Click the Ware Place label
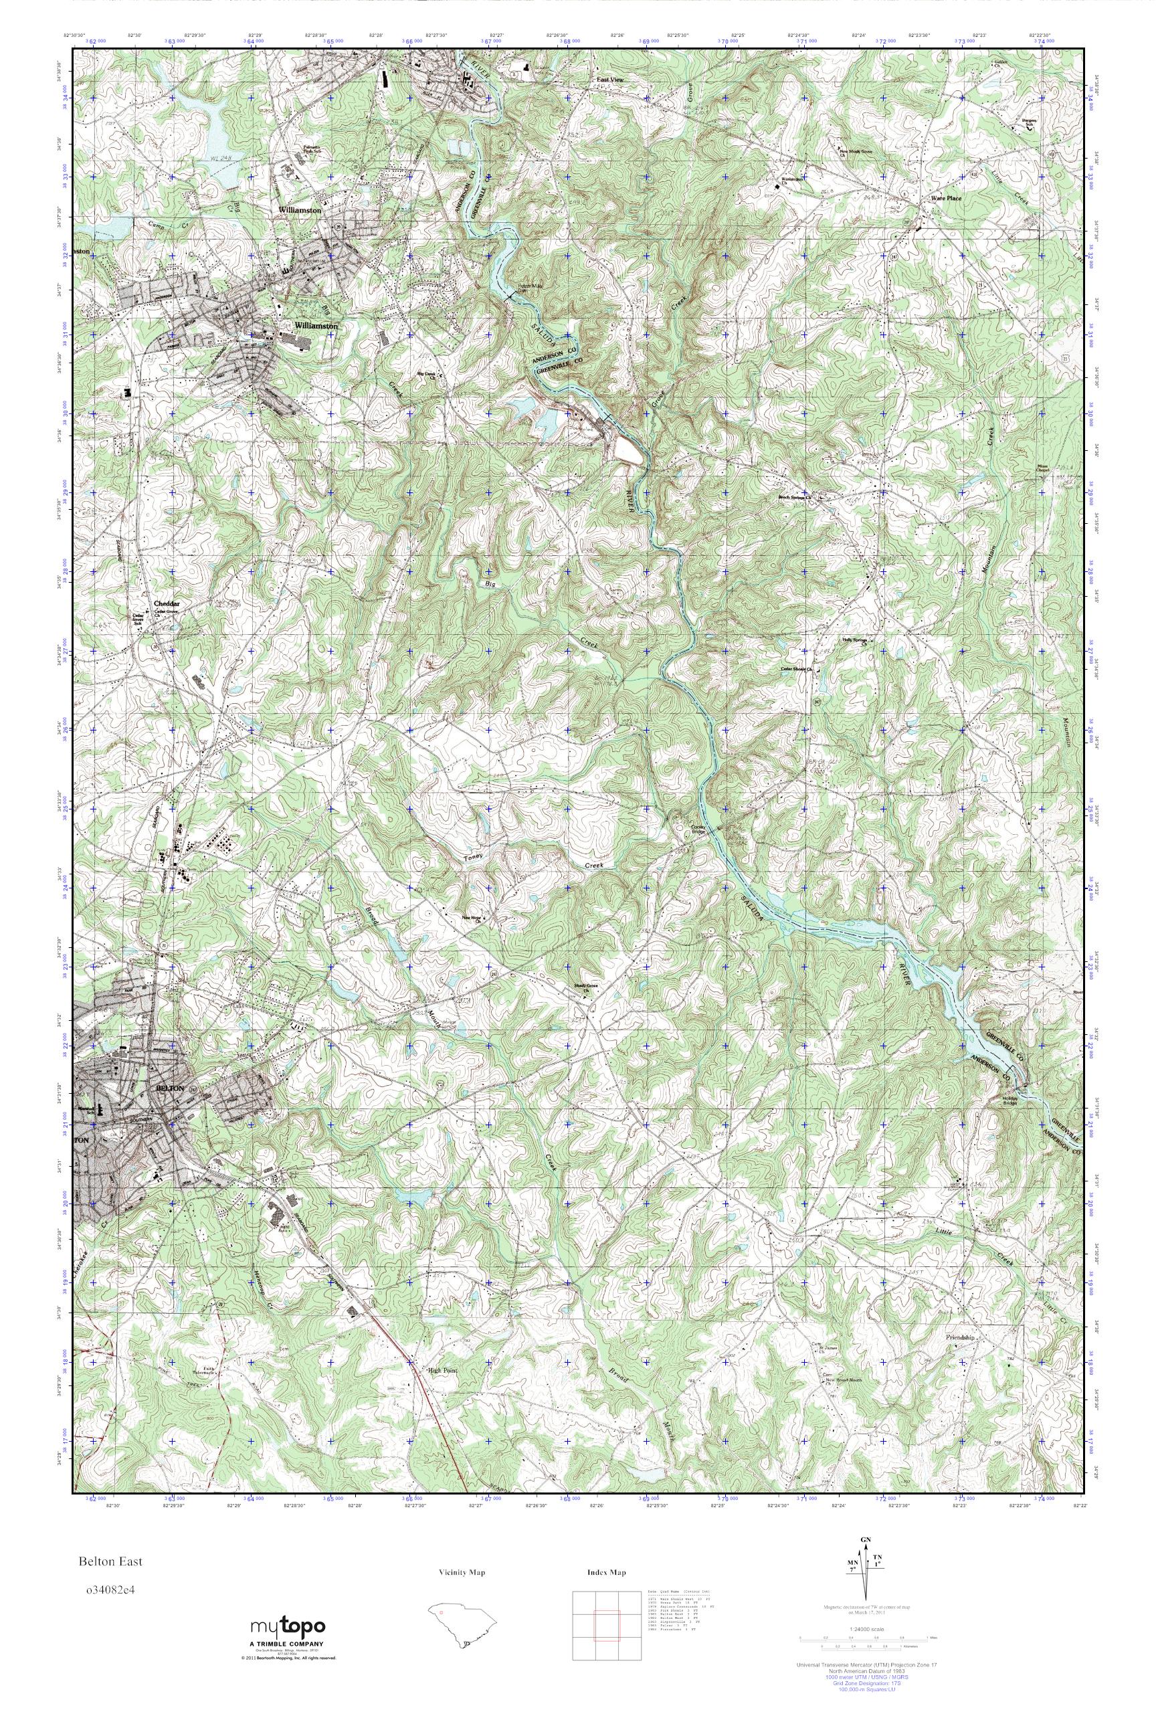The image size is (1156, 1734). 946,198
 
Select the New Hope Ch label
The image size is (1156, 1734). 471,919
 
